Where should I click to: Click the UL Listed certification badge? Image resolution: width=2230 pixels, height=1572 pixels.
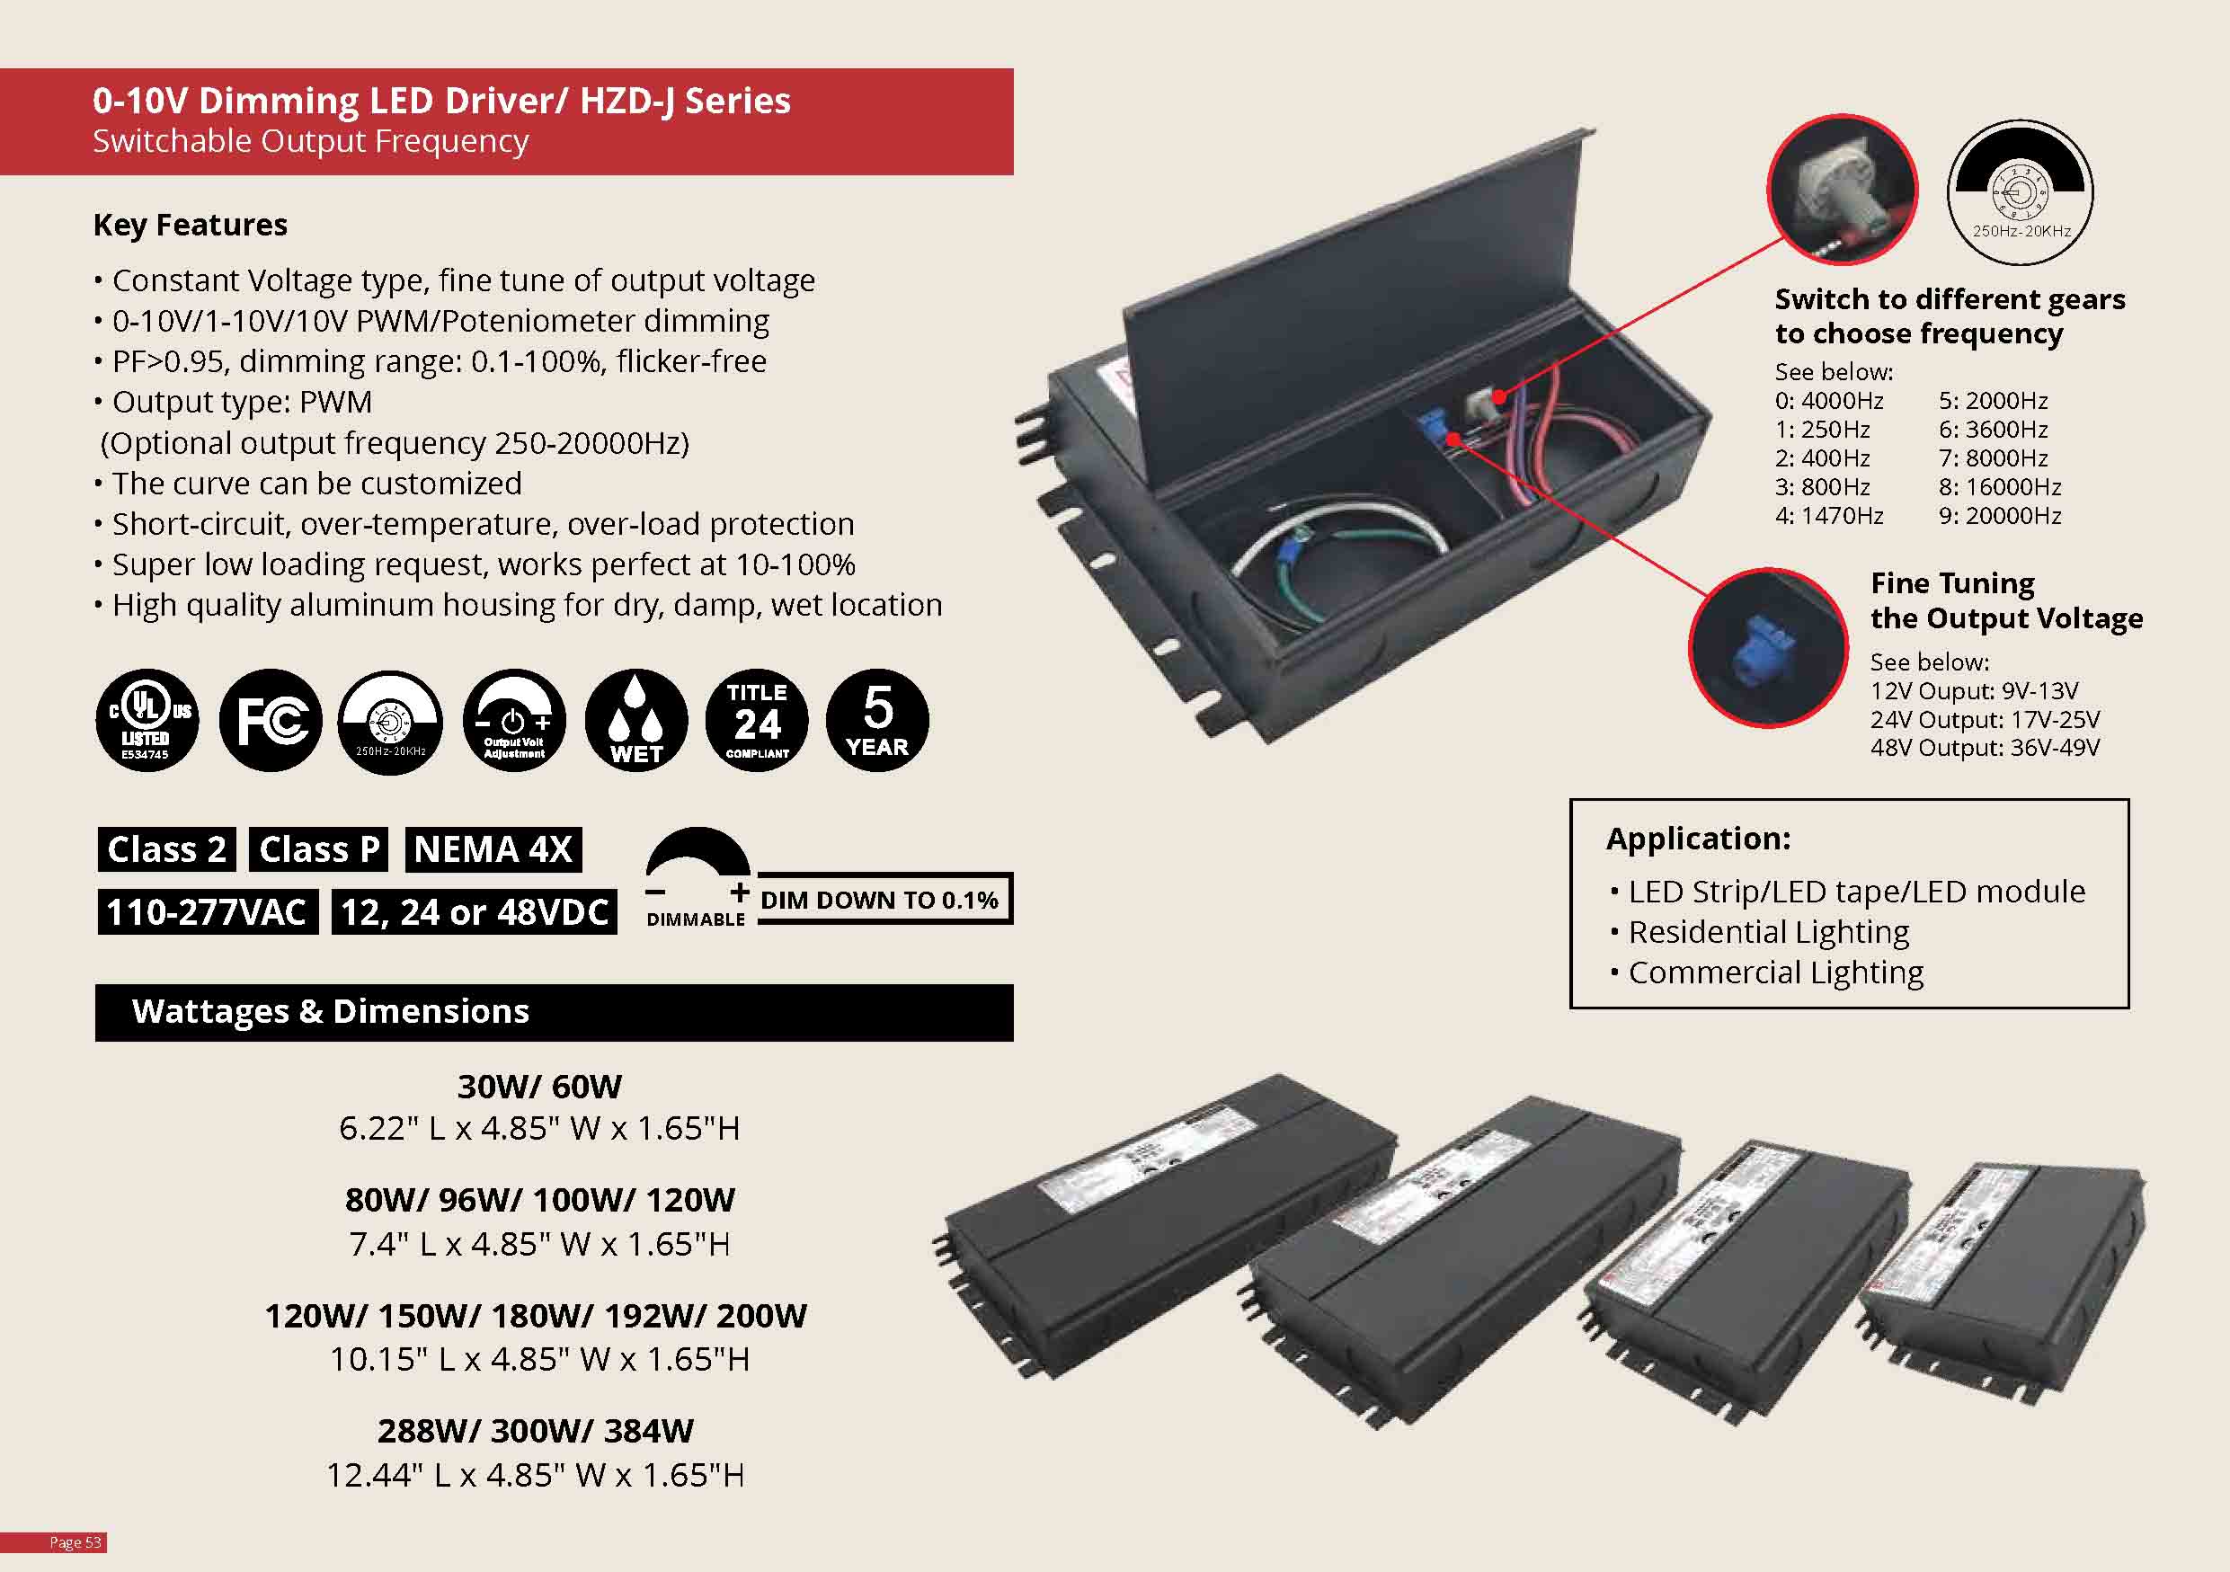click(x=147, y=721)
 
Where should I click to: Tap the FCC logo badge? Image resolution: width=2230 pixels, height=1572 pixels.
click(x=271, y=721)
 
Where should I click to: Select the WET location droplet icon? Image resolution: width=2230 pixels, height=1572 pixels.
click(x=636, y=721)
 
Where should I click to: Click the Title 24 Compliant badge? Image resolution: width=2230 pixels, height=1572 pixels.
click(x=758, y=721)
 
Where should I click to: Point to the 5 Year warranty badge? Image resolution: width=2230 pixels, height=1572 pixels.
click(x=877, y=721)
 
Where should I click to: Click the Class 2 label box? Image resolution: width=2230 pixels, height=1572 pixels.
click(x=167, y=849)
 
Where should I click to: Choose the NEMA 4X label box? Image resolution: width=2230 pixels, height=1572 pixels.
click(x=493, y=849)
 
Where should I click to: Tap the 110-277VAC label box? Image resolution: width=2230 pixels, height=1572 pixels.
click(x=207, y=912)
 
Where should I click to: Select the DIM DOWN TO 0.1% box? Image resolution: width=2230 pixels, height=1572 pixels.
click(x=880, y=900)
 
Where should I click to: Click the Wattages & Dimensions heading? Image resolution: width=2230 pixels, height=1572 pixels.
click(x=330, y=1012)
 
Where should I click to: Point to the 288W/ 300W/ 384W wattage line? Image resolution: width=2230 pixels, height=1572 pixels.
click(x=535, y=1431)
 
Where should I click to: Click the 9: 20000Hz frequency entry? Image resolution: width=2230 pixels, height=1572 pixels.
click(x=2000, y=516)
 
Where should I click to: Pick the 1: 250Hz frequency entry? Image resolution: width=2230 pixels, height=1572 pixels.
click(x=1822, y=429)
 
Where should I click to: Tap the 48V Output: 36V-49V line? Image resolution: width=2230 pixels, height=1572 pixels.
click(x=1985, y=748)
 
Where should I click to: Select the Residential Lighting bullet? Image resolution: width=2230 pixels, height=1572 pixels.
click(x=1768, y=932)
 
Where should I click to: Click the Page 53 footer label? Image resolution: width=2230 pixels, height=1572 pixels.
click(x=75, y=1543)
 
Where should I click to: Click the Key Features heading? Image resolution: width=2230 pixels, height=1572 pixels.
click(x=191, y=226)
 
